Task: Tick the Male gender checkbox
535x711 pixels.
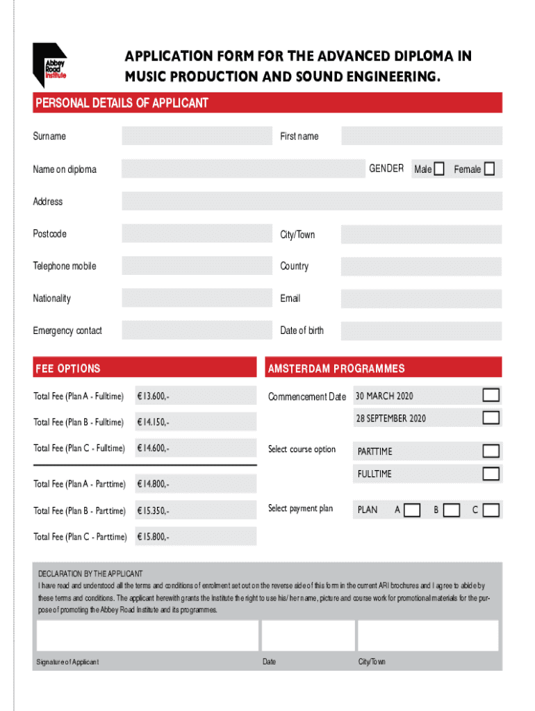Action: tap(438, 169)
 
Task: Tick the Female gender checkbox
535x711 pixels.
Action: tap(489, 169)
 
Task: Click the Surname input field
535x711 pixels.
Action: tap(197, 136)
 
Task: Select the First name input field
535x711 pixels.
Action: tap(421, 136)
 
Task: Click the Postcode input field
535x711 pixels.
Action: tap(197, 234)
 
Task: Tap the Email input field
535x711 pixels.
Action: tap(421, 299)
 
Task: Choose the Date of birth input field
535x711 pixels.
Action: tap(421, 331)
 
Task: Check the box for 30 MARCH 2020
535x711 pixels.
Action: tap(491, 396)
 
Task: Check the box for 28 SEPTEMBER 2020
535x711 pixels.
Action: tap(491, 418)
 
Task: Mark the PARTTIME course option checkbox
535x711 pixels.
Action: tap(491, 451)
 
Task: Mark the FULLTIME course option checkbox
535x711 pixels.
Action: tap(491, 474)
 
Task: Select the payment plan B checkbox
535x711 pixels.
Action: tap(452, 510)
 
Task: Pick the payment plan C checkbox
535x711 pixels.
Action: tap(491, 510)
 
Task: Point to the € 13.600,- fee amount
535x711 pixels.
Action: tap(153, 396)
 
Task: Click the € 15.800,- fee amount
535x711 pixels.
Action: tap(153, 537)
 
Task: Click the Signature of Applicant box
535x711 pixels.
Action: tap(147, 635)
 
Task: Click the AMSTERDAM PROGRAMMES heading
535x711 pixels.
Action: tap(336, 369)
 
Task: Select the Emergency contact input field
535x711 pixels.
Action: tap(197, 331)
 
